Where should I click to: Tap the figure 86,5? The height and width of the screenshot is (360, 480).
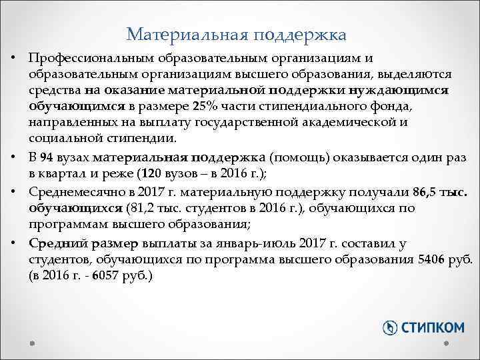click(426, 192)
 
